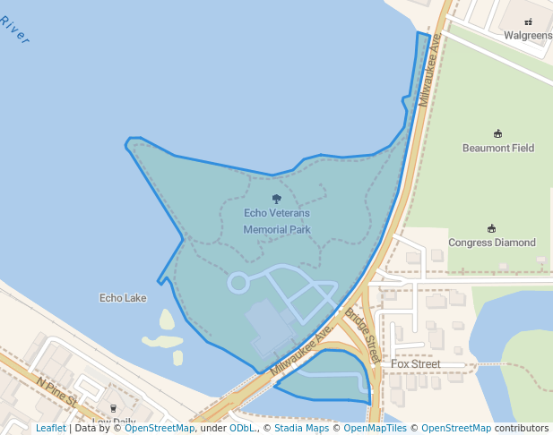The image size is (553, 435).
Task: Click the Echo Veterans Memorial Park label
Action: click(x=277, y=221)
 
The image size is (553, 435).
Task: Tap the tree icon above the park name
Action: click(x=276, y=200)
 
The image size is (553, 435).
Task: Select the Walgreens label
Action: click(x=527, y=36)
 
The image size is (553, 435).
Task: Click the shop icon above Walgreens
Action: click(x=528, y=21)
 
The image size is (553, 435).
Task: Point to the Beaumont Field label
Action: click(x=498, y=148)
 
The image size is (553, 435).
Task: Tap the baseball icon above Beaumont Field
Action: click(x=498, y=133)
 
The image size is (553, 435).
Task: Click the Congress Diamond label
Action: click(x=492, y=243)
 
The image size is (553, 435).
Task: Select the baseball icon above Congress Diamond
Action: click(x=491, y=228)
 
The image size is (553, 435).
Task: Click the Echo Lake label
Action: click(x=124, y=298)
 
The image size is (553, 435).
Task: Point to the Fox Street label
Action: click(x=415, y=364)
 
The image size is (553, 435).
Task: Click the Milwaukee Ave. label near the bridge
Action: click(x=301, y=349)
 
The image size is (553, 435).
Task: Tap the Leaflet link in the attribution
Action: click(x=50, y=428)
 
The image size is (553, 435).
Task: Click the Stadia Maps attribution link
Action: click(x=301, y=428)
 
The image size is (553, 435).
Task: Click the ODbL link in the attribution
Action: click(x=241, y=428)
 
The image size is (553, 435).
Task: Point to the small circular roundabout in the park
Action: click(x=238, y=283)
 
